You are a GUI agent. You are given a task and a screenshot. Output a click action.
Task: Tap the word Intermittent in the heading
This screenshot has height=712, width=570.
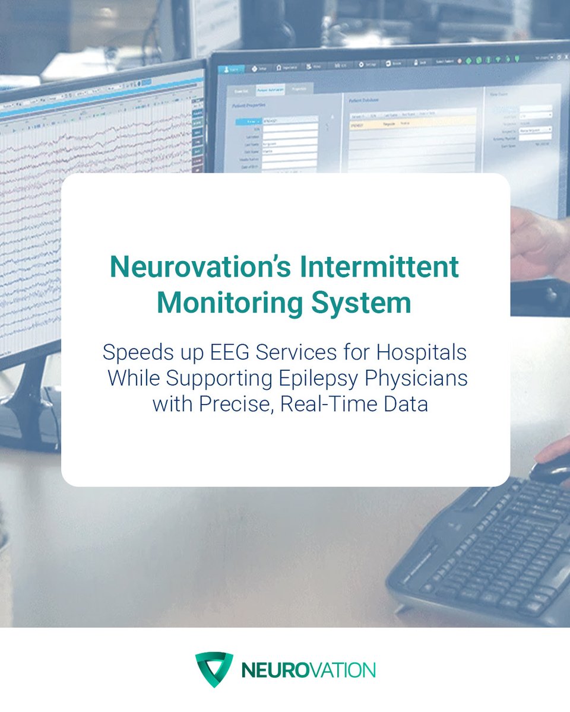pos(391,268)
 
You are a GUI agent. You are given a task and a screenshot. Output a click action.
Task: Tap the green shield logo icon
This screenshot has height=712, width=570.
pos(214,669)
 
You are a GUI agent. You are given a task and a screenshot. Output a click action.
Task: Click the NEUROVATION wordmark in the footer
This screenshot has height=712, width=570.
pos(308,670)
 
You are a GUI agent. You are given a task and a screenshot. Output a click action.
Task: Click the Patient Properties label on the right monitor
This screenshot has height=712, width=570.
pos(249,105)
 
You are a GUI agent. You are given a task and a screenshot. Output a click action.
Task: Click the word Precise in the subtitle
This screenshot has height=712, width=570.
pos(239,405)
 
